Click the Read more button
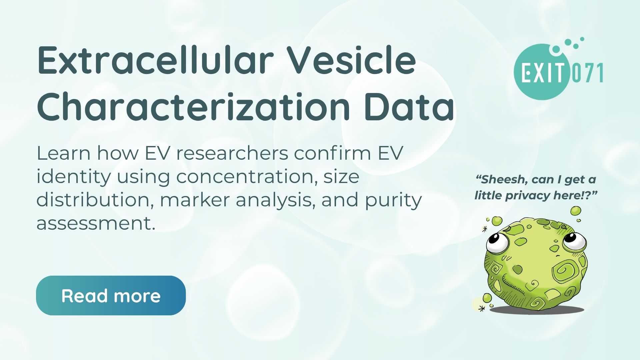point(111,295)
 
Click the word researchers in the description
point(232,153)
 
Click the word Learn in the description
point(64,153)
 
